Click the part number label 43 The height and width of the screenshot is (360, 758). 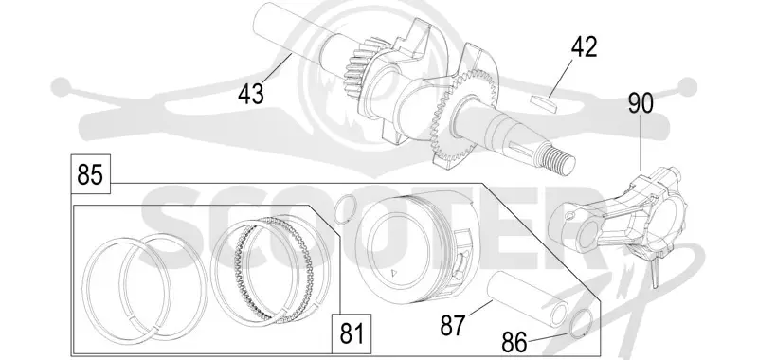coord(251,93)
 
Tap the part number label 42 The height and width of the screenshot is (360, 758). coord(584,46)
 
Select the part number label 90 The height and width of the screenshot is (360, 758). coord(641,103)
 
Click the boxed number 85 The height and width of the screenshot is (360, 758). coord(90,174)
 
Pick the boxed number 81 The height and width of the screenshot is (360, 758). coord(352,333)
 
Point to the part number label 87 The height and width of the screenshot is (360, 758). coord(453,325)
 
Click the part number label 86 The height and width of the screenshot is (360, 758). coord(514,343)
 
